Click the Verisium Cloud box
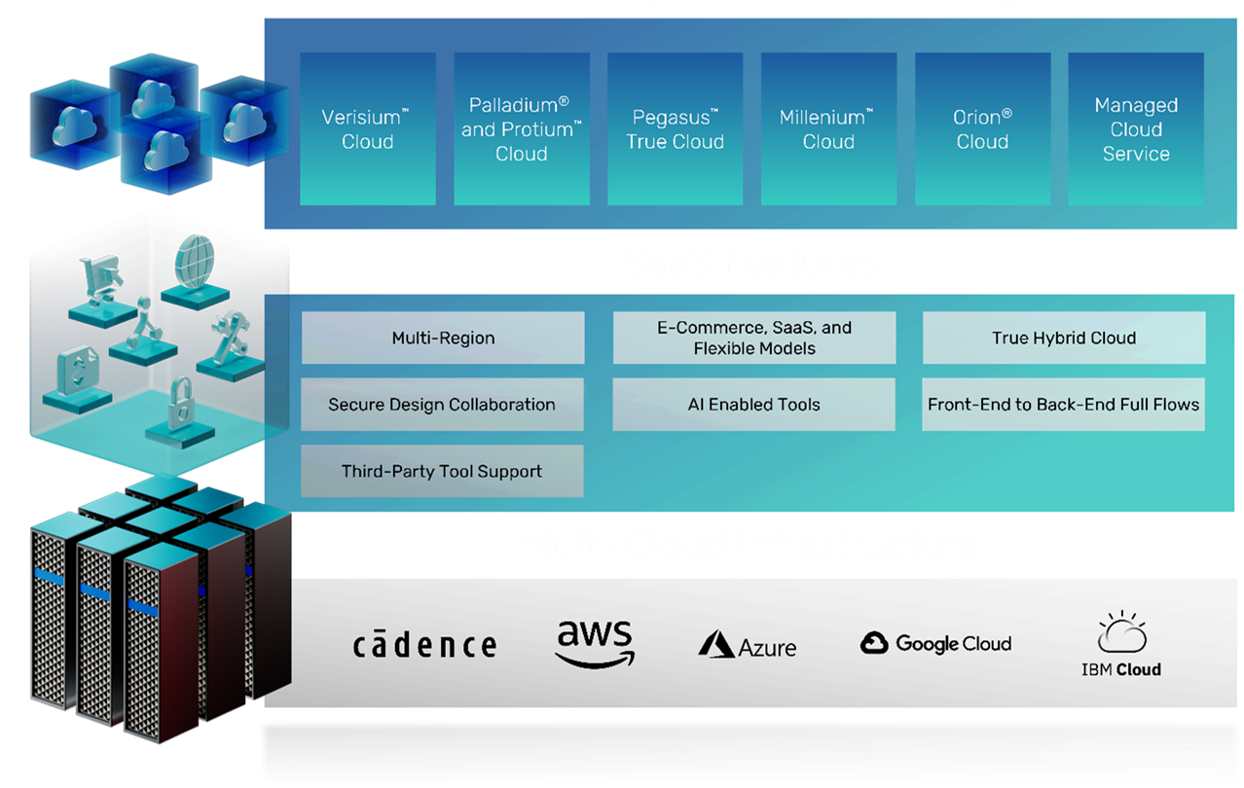click(367, 129)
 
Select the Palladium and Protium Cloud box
click(521, 129)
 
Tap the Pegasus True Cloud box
click(675, 129)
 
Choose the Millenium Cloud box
click(828, 129)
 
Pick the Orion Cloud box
click(982, 129)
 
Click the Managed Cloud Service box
click(1136, 129)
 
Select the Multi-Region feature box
click(443, 338)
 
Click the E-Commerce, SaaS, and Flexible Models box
click(753, 338)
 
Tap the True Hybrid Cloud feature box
click(1064, 338)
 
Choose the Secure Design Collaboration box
click(442, 405)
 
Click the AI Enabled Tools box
click(753, 405)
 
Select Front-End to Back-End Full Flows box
click(1064, 405)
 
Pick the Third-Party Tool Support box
click(442, 471)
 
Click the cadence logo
click(424, 644)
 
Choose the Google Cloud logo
click(936, 643)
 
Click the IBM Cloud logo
click(1121, 645)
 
